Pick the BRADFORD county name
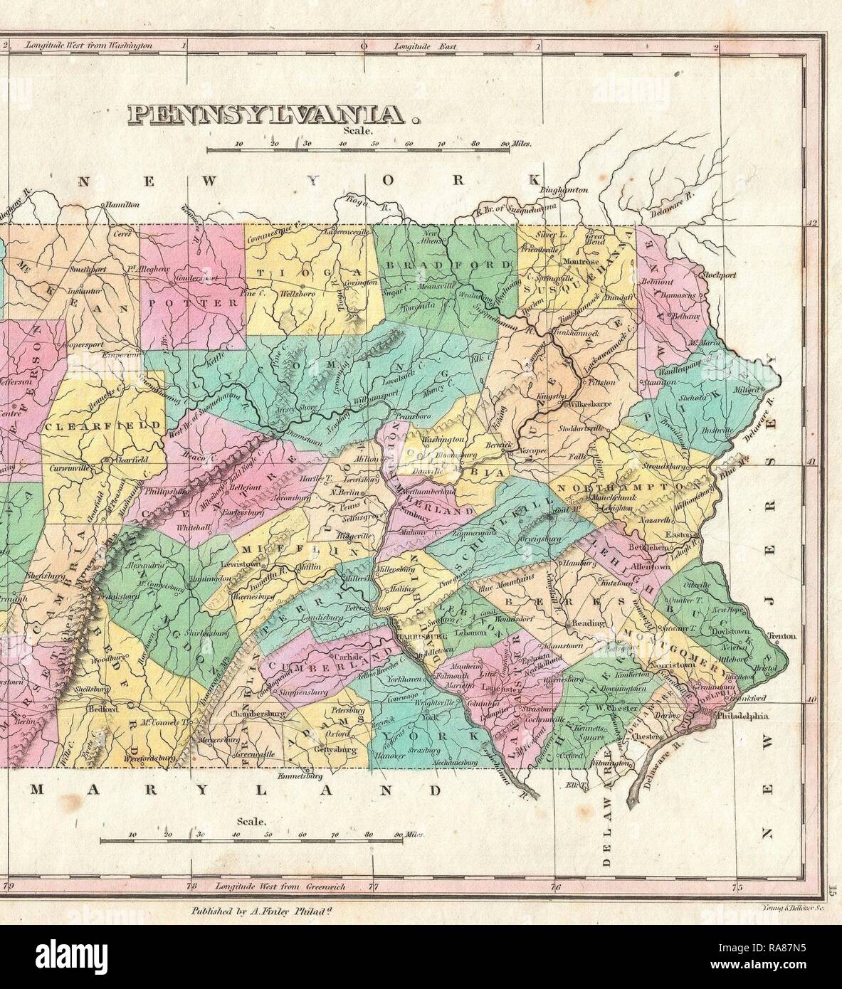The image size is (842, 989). pyautogui.click(x=448, y=264)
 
